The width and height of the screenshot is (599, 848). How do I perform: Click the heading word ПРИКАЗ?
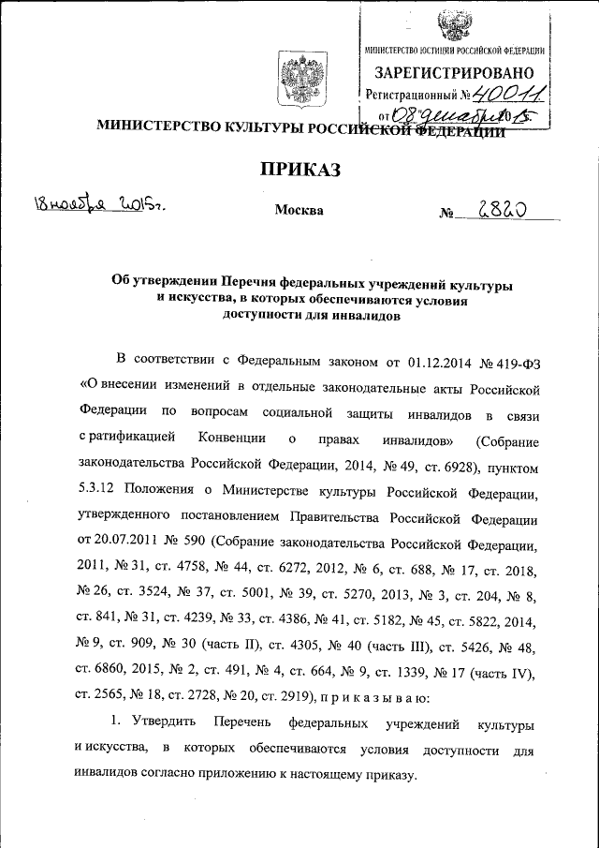click(x=299, y=169)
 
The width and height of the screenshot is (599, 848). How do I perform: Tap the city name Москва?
click(x=299, y=210)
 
